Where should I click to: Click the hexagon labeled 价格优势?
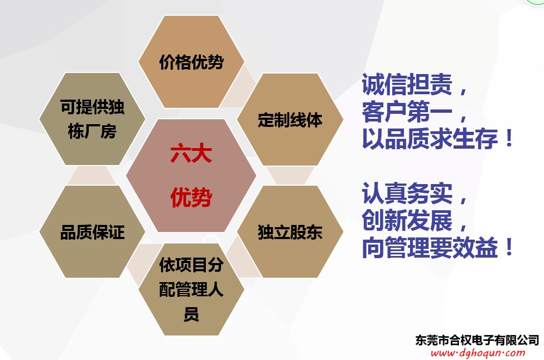(x=191, y=62)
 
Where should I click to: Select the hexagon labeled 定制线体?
(x=290, y=119)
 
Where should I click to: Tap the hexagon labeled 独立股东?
(x=290, y=231)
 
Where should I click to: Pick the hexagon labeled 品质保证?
(x=92, y=231)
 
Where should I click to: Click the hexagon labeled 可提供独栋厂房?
(x=92, y=119)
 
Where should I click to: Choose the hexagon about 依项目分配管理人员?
(x=191, y=289)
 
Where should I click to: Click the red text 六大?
(x=191, y=154)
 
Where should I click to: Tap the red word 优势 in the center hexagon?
(x=191, y=197)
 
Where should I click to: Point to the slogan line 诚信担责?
(x=407, y=84)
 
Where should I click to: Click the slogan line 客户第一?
(x=407, y=112)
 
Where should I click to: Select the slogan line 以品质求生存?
(x=430, y=138)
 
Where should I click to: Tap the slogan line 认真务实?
(x=407, y=193)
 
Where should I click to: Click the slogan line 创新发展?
(x=407, y=220)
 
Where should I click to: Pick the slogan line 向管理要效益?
(x=430, y=247)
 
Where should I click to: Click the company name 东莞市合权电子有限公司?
(x=477, y=340)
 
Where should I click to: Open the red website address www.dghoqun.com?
(x=478, y=353)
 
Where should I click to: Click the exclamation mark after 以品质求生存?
(x=509, y=138)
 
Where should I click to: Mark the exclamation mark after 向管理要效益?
(x=509, y=247)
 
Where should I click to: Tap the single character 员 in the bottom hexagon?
(x=191, y=314)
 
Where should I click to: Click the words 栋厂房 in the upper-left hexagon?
(x=92, y=132)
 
